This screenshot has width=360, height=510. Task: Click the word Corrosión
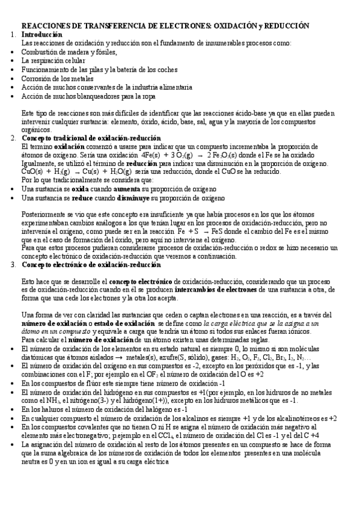[x=37, y=78]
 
